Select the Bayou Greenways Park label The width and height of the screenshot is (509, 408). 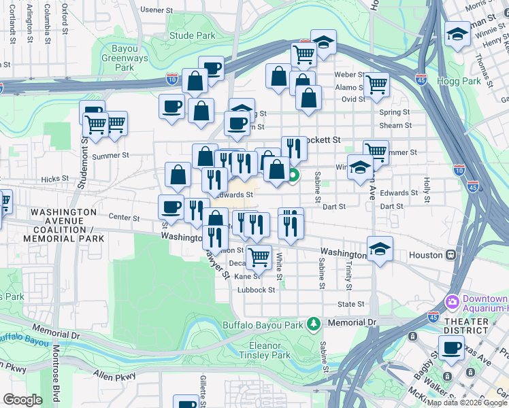click(125, 58)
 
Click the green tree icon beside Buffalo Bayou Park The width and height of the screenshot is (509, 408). click(313, 323)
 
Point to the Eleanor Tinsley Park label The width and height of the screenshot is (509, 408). click(265, 350)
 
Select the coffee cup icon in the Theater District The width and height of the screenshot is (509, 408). click(450, 350)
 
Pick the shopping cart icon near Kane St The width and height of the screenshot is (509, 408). click(258, 257)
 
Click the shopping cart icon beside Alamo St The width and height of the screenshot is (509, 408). click(376, 84)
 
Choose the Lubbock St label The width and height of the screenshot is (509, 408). click(256, 289)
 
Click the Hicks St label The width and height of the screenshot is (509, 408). click(51, 180)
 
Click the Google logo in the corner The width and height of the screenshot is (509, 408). click(22, 400)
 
